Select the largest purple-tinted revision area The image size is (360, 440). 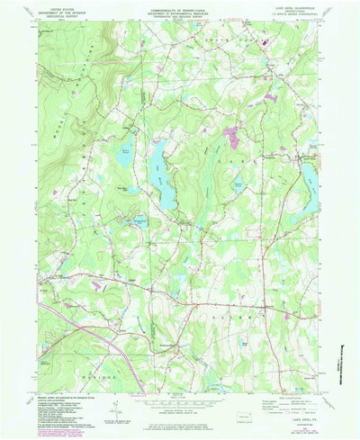[x=232, y=137]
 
